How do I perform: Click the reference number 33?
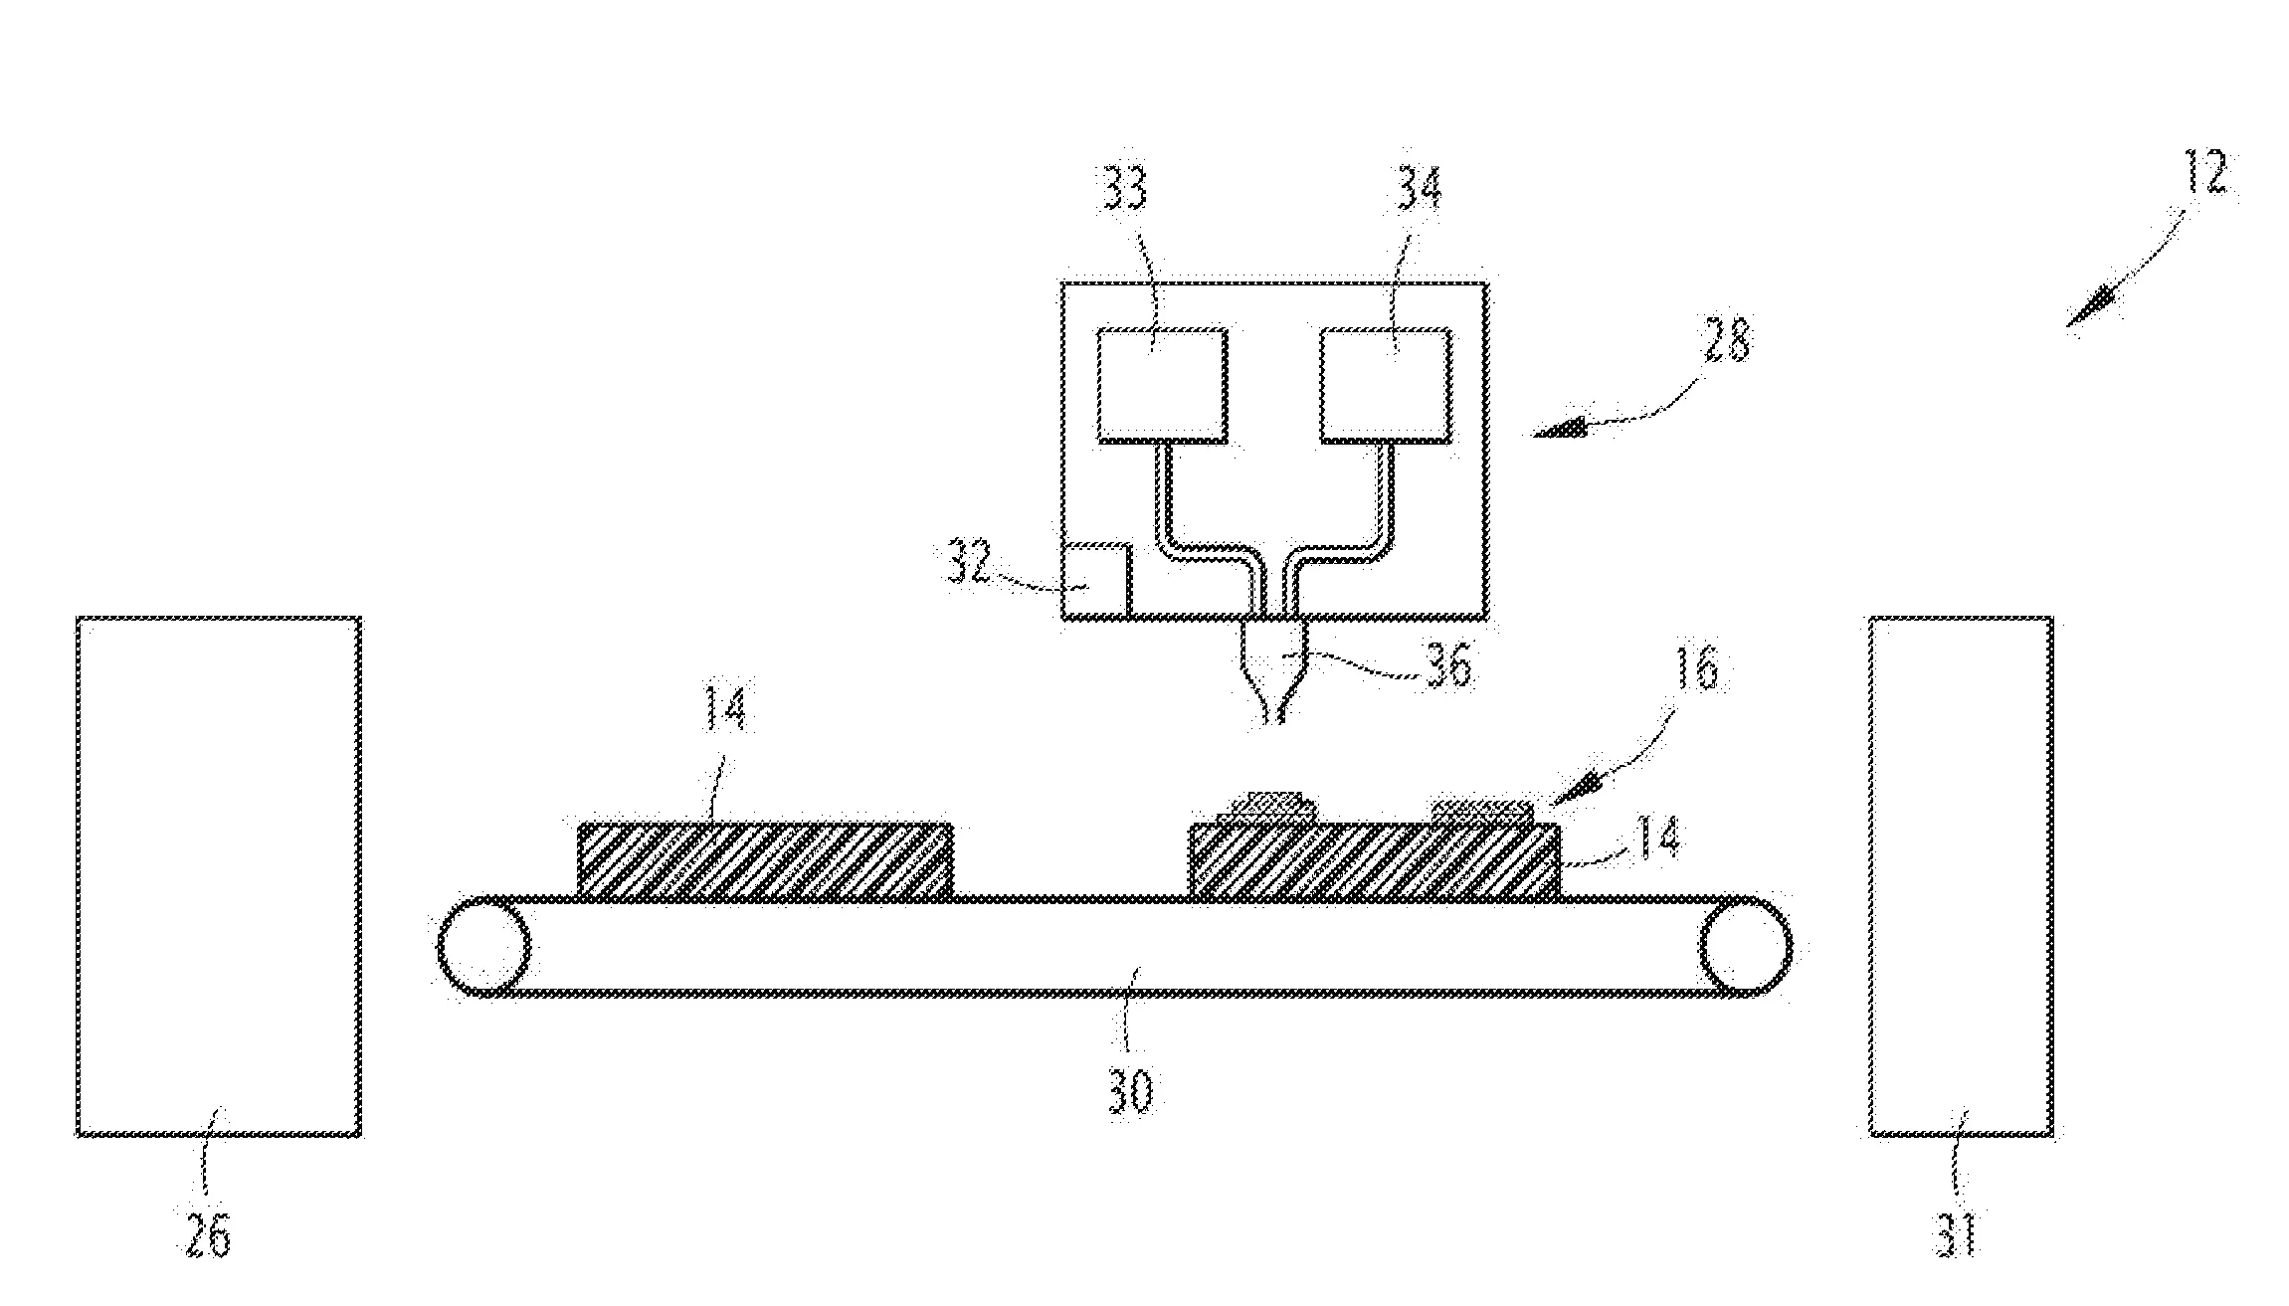click(x=1125, y=190)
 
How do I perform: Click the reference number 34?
click(x=1419, y=190)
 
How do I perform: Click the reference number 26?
click(x=208, y=1236)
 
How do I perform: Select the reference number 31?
click(x=1958, y=1235)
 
